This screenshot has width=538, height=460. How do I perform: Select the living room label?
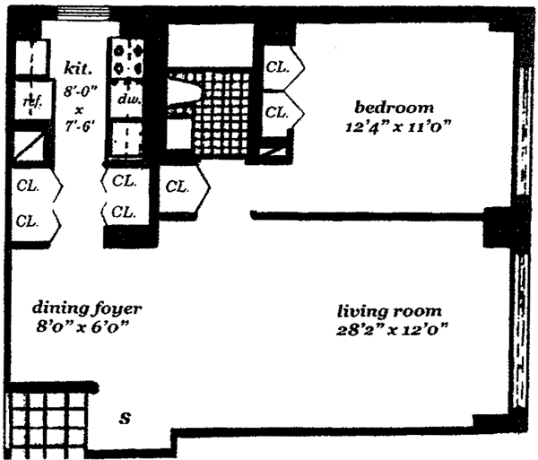[389, 311]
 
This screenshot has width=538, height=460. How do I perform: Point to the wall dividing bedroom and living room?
[368, 214]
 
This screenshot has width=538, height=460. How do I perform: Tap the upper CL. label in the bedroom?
[278, 67]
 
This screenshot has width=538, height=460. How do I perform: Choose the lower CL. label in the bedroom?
[278, 112]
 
